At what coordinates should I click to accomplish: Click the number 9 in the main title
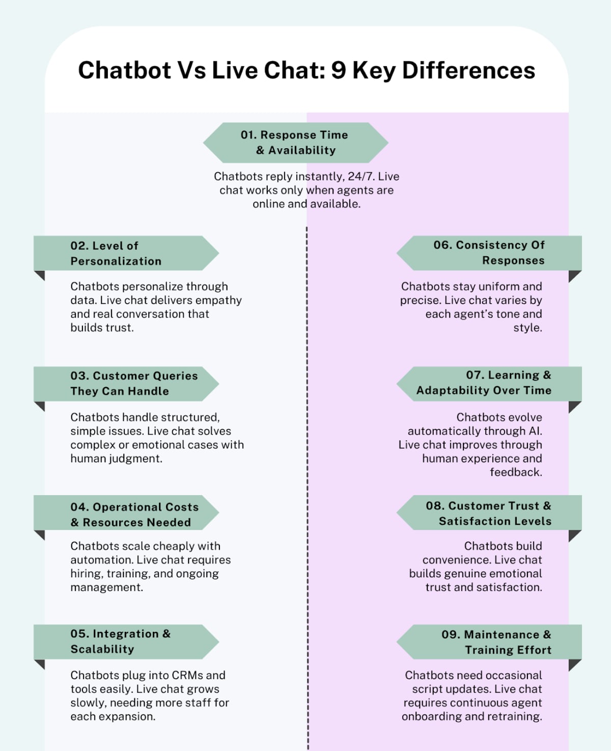click(339, 70)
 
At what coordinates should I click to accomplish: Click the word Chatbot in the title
click(125, 70)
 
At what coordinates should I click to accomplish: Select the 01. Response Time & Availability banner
click(295, 143)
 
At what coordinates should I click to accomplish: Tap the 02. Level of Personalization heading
click(116, 253)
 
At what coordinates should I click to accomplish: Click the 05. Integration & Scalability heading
click(121, 641)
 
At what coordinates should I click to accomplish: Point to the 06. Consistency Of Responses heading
click(489, 253)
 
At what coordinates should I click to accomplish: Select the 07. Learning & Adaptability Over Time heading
click(484, 383)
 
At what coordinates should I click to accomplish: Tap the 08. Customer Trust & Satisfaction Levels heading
click(489, 513)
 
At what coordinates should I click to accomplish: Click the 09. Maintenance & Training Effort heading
click(496, 642)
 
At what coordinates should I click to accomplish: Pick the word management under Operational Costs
click(106, 587)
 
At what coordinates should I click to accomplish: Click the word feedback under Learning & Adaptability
click(515, 472)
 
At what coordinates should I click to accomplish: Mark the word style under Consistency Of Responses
click(527, 328)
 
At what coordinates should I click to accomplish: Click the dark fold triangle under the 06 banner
click(574, 276)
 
